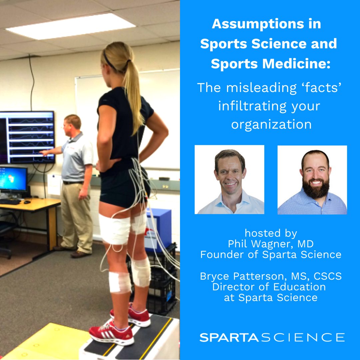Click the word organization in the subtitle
pos(271,124)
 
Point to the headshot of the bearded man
pos(312,180)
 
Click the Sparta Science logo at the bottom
pos(272,337)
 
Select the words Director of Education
pos(269,287)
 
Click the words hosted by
pos(271,233)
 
